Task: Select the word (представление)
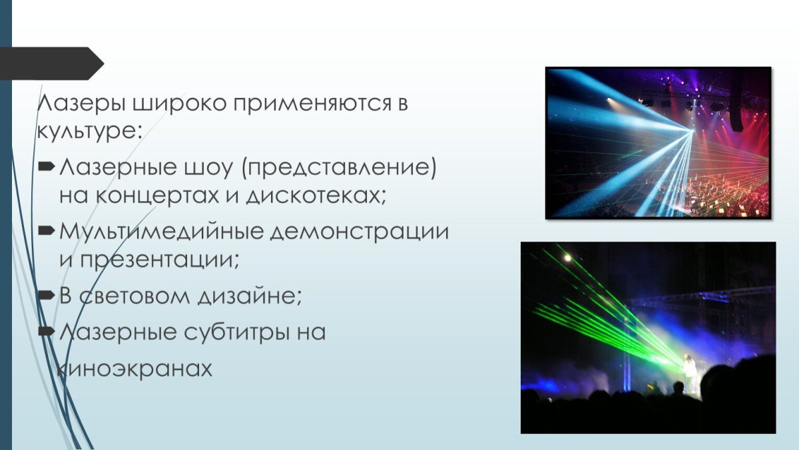(x=340, y=168)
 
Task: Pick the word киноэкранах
(x=136, y=368)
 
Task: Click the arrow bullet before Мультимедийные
(x=46, y=231)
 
